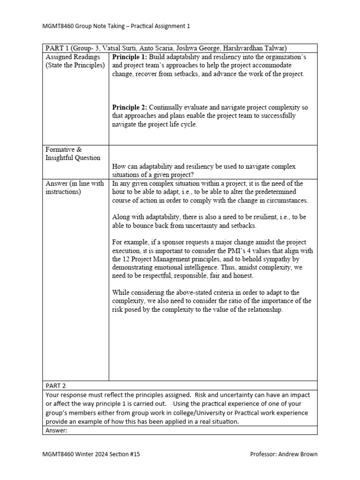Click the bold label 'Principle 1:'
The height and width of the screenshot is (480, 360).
[129, 57]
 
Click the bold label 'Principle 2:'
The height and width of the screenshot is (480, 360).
[129, 107]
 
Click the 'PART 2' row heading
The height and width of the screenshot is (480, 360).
[56, 386]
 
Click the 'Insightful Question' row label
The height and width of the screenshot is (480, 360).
[73, 158]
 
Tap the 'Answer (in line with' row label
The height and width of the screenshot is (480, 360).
[75, 183]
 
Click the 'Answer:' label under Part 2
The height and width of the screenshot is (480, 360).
[57, 430]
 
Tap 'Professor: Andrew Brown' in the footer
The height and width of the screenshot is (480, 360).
[284, 454]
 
